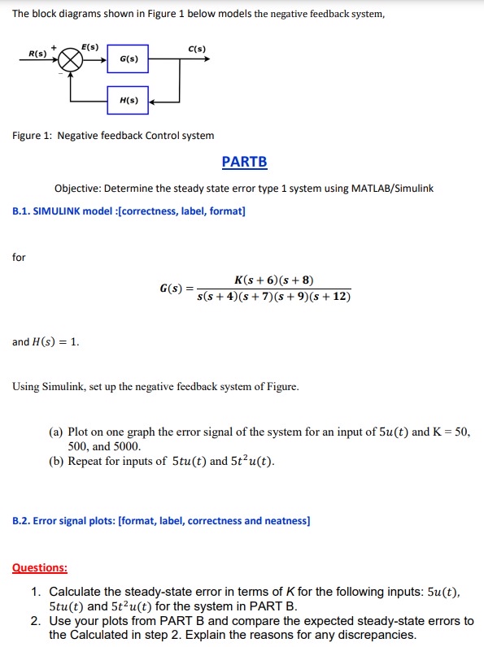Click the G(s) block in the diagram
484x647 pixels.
click(x=129, y=59)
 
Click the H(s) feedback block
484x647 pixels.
click(x=129, y=101)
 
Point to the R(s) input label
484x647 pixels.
click(x=37, y=54)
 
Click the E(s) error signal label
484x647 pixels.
click(x=89, y=47)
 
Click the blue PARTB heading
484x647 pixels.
click(x=244, y=162)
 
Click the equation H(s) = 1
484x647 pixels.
click(x=46, y=342)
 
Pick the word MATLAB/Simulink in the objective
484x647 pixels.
click(x=390, y=189)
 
